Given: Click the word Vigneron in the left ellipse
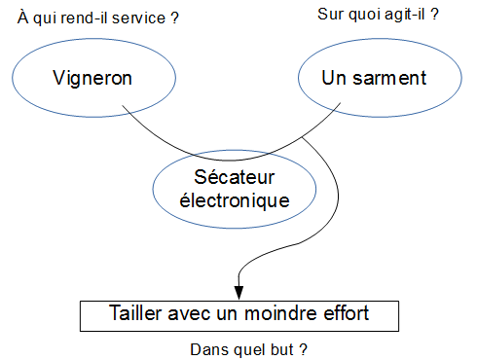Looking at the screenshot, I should coord(93,76).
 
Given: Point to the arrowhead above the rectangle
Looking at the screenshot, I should coord(238,290).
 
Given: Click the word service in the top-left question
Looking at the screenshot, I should coord(141,18).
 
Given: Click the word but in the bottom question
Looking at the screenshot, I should coord(284,348).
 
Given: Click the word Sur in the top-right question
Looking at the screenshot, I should coord(330,15).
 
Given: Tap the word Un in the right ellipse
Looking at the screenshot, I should coord(334,76).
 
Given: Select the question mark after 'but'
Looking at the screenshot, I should coord(304,348).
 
